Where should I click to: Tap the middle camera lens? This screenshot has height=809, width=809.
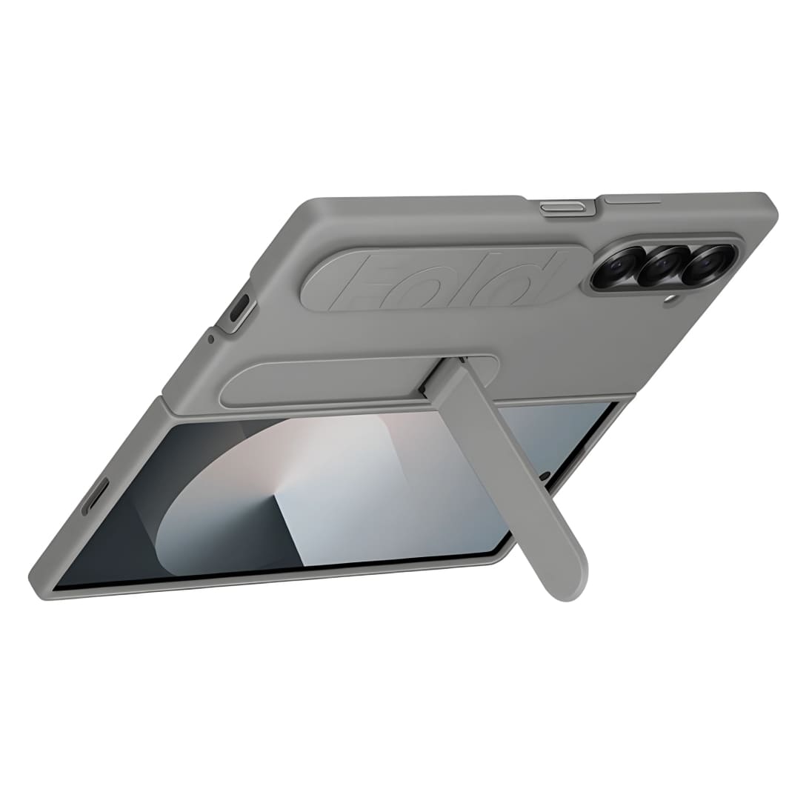click(x=661, y=266)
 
